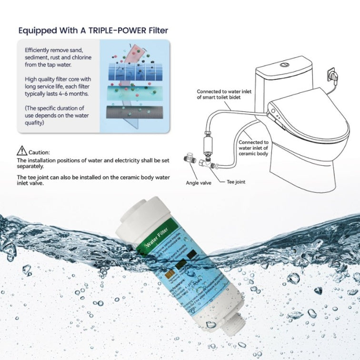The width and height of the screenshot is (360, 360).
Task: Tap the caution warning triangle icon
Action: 22,151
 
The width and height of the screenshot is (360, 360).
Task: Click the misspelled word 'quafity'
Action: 35,122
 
